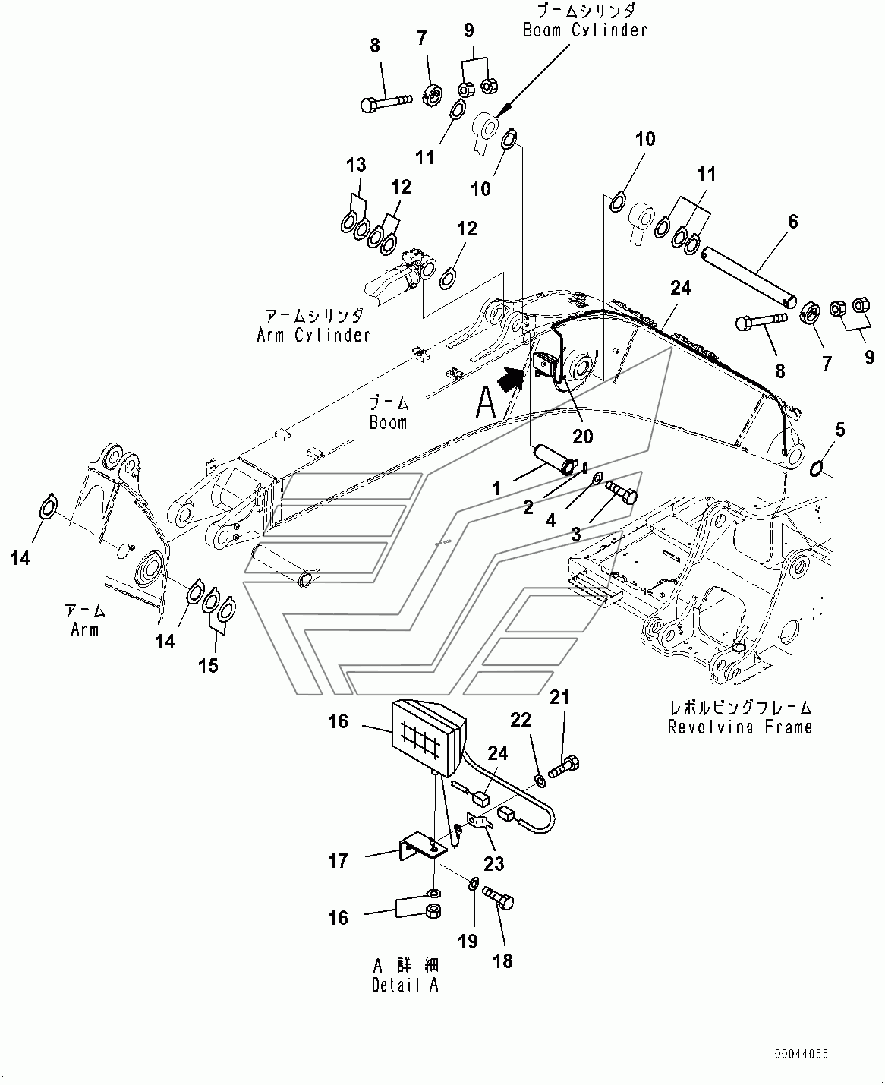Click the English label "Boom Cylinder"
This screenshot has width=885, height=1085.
[584, 30]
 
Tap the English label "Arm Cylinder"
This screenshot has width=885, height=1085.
[313, 336]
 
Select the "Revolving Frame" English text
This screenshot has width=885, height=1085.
[740, 727]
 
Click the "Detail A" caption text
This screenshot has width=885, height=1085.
[405, 986]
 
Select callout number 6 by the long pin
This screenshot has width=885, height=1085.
[793, 222]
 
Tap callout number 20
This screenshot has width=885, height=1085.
[583, 437]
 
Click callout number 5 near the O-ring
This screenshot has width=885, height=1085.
[839, 429]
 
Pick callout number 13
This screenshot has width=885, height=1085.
[356, 165]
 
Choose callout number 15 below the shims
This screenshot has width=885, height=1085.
[208, 666]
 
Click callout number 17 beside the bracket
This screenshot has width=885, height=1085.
[338, 861]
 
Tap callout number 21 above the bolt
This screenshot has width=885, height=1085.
[559, 697]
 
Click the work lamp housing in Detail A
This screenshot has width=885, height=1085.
[429, 738]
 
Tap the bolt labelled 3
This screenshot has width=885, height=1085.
[621, 490]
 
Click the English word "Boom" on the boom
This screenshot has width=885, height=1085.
[389, 422]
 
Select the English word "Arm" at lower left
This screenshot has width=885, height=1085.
[85, 629]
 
